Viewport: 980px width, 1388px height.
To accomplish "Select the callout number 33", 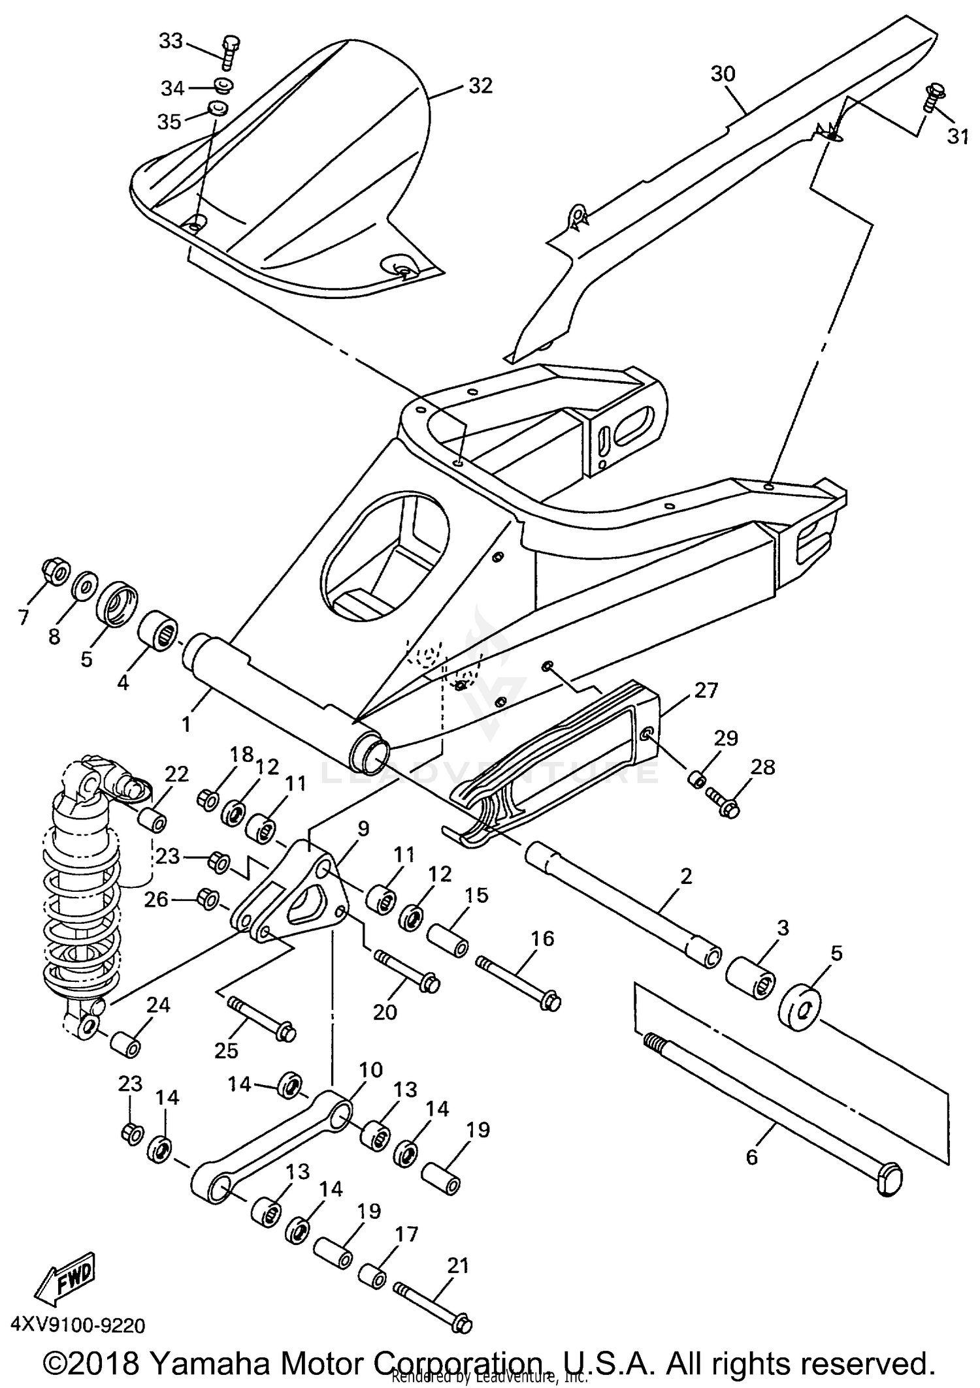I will pos(171,41).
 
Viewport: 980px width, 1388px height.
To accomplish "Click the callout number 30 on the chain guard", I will pos(723,74).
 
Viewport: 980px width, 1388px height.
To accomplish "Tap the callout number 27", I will pos(706,690).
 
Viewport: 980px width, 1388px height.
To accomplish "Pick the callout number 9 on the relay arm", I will pos(363,829).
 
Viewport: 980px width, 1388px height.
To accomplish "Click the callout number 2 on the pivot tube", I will pos(685,877).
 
